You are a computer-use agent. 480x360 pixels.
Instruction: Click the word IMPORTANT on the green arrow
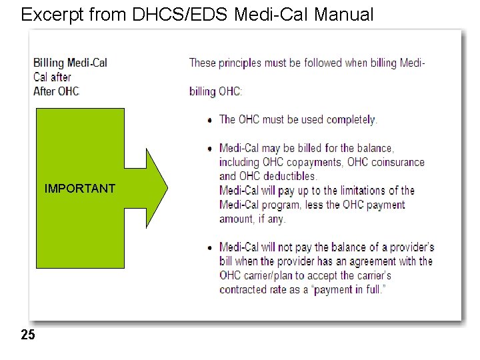[x=79, y=189]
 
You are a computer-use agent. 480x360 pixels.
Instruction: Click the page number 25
[x=28, y=335]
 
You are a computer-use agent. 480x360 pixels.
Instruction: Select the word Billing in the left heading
[x=49, y=63]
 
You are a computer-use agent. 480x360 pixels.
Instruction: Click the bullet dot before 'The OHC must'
[x=211, y=121]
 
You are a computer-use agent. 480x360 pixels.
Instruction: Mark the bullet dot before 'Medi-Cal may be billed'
[x=211, y=149]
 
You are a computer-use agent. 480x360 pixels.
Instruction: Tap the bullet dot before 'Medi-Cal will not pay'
[x=211, y=248]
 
